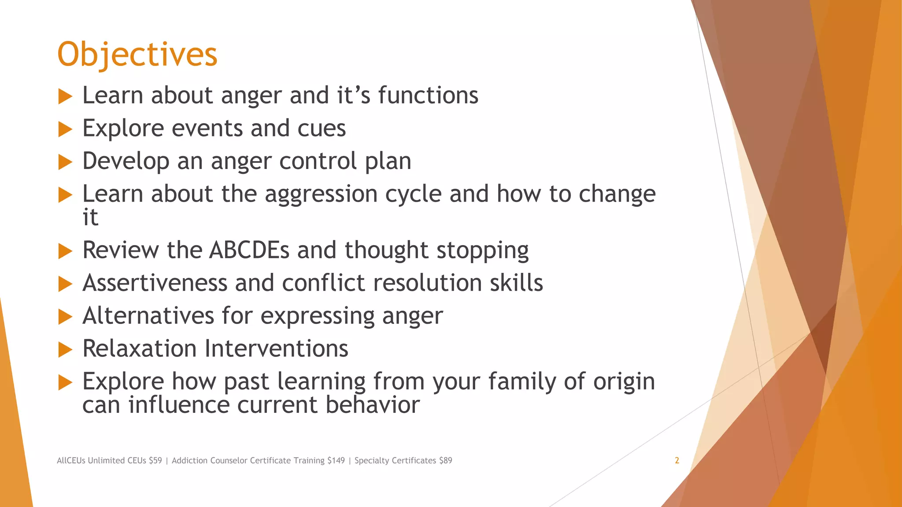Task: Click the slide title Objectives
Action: [137, 55]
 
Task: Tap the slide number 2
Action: [676, 460]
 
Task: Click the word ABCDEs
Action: [249, 250]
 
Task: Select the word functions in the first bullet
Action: [428, 96]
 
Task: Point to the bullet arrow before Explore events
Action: [65, 129]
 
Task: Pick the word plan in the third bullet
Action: [388, 161]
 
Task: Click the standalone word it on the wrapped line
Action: [90, 217]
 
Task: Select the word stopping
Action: [482, 251]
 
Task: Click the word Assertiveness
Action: [155, 283]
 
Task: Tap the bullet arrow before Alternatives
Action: [65, 316]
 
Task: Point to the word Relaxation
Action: [139, 349]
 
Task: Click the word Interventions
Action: [277, 349]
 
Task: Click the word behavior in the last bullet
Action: [372, 404]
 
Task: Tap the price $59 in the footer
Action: [155, 460]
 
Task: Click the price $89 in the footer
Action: [445, 460]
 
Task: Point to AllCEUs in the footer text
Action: [71, 460]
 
